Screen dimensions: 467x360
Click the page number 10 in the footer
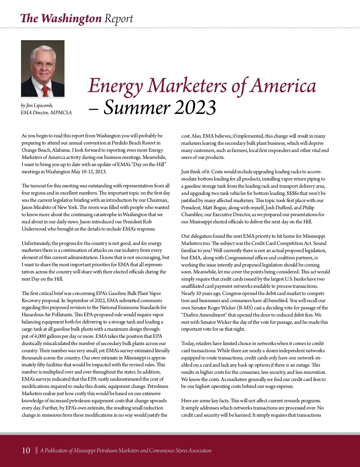click(26, 451)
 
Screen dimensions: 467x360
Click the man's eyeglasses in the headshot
click(43, 64)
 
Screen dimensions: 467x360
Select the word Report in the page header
click(118, 19)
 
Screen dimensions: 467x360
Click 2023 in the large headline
click(195, 108)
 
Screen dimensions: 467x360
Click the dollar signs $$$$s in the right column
click(293, 193)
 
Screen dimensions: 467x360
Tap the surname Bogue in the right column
click(222, 208)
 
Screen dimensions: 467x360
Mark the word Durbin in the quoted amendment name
click(193, 315)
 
